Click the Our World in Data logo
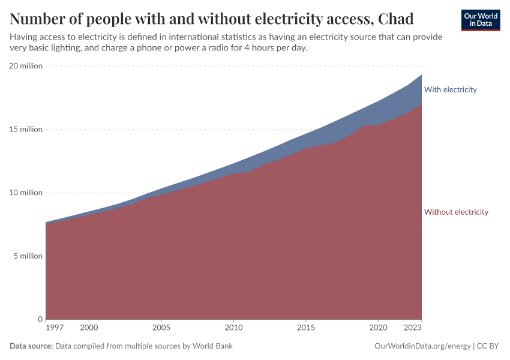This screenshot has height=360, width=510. (x=480, y=20)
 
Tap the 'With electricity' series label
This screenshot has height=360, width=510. (x=450, y=89)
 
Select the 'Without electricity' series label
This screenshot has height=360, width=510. (x=456, y=212)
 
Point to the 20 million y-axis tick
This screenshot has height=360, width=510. (x=26, y=66)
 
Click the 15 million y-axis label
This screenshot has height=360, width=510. (x=26, y=129)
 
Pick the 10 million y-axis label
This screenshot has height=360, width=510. (x=26, y=193)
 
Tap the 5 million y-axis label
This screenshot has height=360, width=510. (x=28, y=256)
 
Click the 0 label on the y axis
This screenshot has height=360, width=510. (x=40, y=319)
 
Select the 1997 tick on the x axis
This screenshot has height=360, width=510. (x=54, y=328)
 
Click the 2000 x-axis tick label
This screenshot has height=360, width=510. (x=89, y=328)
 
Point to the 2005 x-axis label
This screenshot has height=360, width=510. (x=161, y=328)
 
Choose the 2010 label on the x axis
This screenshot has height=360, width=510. (x=233, y=328)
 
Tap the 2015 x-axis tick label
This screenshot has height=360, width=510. (x=306, y=328)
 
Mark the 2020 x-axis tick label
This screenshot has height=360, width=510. (x=378, y=328)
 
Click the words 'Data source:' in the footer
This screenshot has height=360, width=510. (x=31, y=346)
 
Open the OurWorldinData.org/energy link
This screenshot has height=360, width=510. (x=422, y=346)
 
